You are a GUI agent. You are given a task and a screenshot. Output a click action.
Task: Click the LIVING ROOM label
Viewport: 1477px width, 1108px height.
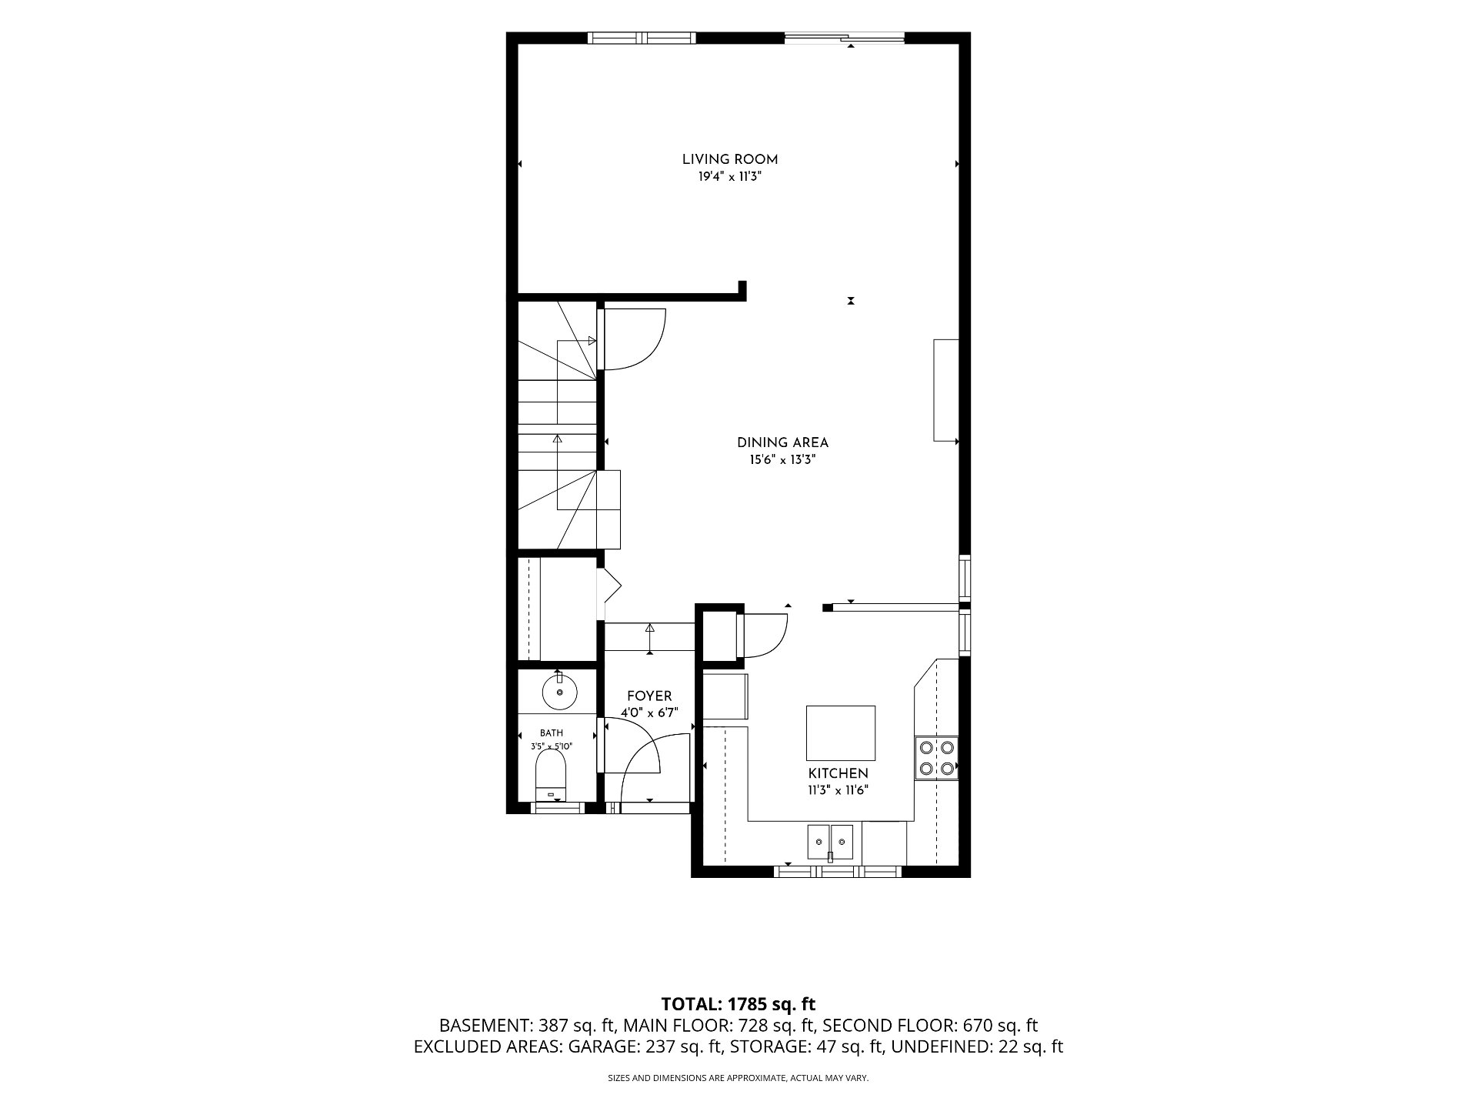tap(729, 160)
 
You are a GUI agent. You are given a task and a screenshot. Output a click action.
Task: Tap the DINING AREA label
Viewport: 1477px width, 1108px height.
tap(782, 443)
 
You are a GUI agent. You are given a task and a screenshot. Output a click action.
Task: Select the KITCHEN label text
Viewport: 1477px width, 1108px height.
tap(838, 774)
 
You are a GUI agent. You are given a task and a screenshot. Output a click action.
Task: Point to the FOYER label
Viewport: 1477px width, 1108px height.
tap(649, 696)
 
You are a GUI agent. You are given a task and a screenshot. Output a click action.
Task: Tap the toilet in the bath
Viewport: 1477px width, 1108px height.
tap(551, 776)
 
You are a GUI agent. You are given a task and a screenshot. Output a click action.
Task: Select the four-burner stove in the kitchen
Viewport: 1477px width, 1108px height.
tap(936, 758)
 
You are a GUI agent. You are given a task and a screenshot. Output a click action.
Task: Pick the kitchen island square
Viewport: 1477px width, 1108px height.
tap(841, 733)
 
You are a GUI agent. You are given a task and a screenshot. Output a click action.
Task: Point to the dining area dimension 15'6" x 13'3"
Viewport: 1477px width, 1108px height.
tap(782, 461)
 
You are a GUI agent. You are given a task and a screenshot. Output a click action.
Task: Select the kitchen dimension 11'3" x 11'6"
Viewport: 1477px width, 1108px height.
tap(838, 790)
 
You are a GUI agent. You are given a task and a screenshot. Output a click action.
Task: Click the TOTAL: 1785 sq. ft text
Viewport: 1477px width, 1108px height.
tap(738, 1004)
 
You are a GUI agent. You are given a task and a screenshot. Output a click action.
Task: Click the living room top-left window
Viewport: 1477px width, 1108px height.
tap(642, 38)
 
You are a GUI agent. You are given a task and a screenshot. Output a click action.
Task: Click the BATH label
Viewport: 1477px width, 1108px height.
tap(551, 733)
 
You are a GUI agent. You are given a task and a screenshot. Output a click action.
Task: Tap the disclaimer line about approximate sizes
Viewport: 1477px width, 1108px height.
tap(738, 1079)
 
